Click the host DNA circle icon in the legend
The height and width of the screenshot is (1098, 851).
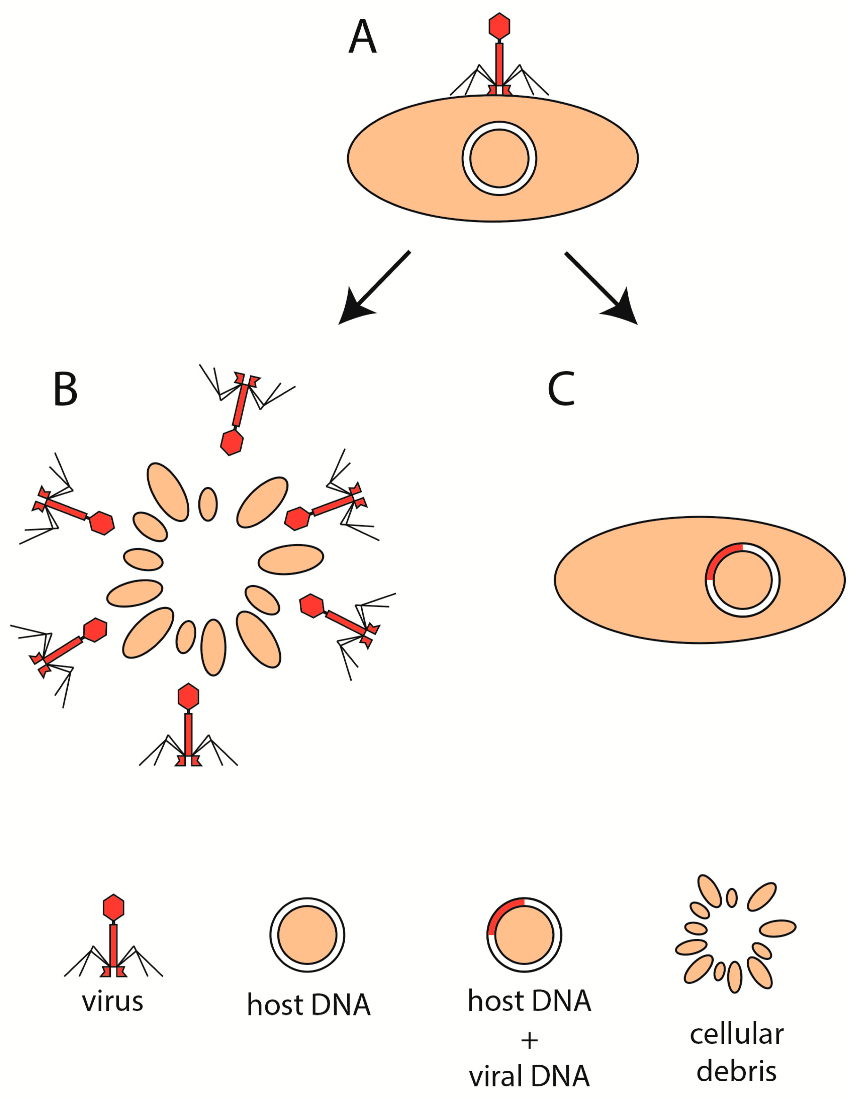point(307,935)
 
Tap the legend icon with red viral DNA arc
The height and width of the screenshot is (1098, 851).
point(524,935)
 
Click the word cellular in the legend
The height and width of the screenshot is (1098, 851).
point(736,1035)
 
